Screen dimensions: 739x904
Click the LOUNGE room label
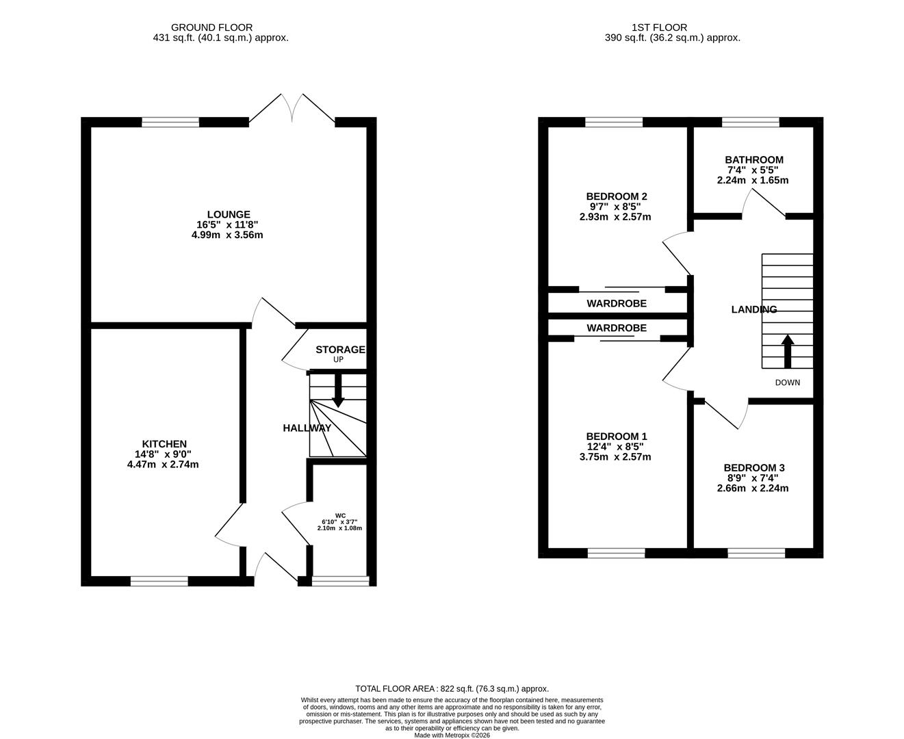pos(229,214)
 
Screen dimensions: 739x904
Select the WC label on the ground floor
pos(340,515)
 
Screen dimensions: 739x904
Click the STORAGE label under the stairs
pos(340,350)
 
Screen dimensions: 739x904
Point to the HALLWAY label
pos(307,428)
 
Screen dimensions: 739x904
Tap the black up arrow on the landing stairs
pos(788,350)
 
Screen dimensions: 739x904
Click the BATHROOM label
pos(754,160)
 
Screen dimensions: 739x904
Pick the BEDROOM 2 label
pos(617,196)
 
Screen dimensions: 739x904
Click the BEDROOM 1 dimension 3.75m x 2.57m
pos(615,457)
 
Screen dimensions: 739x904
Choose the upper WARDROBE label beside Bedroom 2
pos(616,303)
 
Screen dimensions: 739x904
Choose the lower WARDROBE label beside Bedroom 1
pos(616,328)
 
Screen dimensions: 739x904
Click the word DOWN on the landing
pos(787,383)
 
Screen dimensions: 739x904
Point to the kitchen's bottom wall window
pos(159,582)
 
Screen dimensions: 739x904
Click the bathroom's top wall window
pos(750,122)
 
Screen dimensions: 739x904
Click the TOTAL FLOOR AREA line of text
pos(452,689)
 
